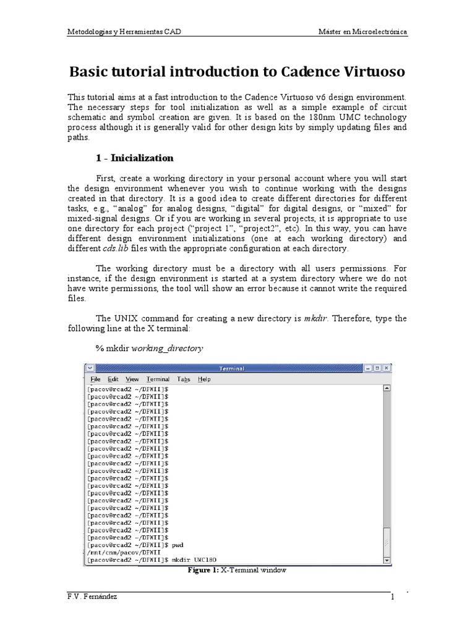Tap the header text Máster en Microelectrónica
pyautogui.click(x=362, y=32)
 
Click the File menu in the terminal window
pyautogui.click(x=95, y=379)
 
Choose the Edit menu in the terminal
pyautogui.click(x=113, y=379)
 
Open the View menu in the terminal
pyautogui.click(x=132, y=379)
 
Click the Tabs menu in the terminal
pyautogui.click(x=183, y=379)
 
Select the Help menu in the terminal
pyautogui.click(x=204, y=379)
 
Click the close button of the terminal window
pyautogui.click(x=386, y=368)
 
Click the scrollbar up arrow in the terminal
pyautogui.click(x=387, y=389)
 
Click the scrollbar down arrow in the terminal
pyautogui.click(x=387, y=560)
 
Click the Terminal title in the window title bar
pyautogui.click(x=231, y=368)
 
